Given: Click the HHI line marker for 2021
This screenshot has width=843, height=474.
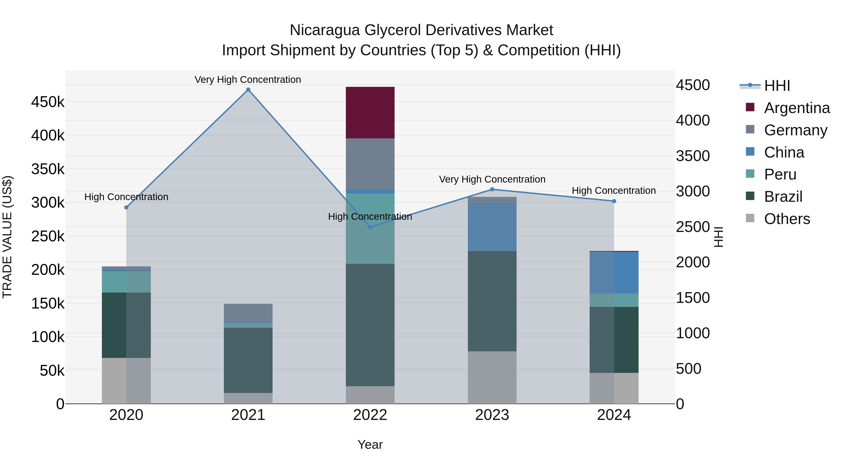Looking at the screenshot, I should point(248,90).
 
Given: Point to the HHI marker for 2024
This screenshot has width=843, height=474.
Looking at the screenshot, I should point(614,201).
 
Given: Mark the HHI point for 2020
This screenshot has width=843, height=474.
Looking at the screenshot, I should point(126,207).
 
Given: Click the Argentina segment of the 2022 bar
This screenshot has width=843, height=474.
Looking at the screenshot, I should point(370,113).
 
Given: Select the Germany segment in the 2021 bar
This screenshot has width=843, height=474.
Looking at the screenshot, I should point(248,313).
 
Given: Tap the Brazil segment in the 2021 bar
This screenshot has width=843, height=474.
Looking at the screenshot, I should point(248,360).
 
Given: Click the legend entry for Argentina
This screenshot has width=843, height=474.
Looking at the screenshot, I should point(797,108).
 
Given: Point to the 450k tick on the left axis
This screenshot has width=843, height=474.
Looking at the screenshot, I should point(48,102).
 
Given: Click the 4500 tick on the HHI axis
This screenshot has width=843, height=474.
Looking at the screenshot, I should point(693,85).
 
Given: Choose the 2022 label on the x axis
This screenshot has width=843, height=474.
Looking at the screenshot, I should point(370,415).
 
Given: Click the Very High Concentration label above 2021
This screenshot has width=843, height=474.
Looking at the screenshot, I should point(248,80).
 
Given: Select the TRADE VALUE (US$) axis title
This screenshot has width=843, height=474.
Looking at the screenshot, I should point(7,237).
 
